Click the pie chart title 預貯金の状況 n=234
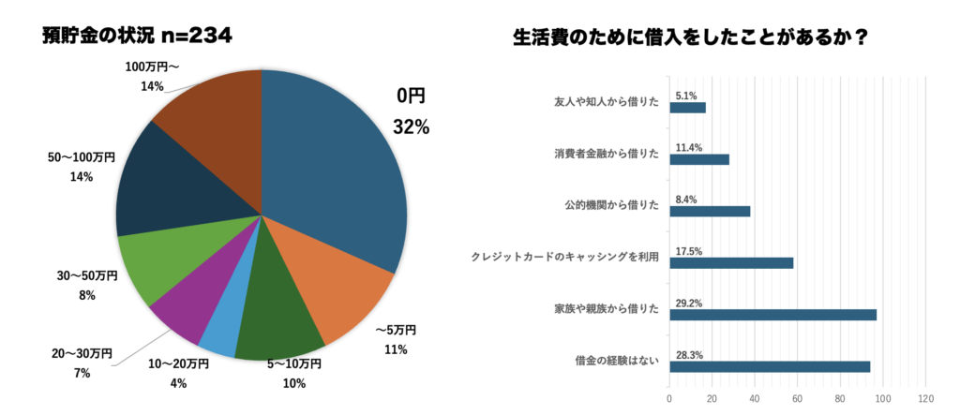coord(137,37)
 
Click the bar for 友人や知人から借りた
coord(687,108)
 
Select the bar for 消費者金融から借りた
coord(698,159)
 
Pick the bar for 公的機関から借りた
coord(710,211)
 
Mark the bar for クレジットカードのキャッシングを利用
coord(731,263)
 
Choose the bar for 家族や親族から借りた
coord(772,315)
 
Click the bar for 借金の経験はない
coord(770,366)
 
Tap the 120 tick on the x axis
coord(926,398)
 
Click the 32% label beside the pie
coord(412,127)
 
